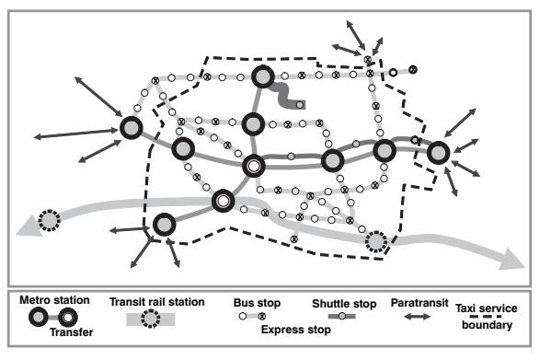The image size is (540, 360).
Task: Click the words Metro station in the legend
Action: click(54, 300)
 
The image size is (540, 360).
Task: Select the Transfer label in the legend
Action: click(71, 332)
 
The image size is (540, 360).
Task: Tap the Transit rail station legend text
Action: click(157, 302)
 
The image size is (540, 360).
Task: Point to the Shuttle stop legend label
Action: click(344, 304)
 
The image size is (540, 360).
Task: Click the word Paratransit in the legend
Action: click(419, 303)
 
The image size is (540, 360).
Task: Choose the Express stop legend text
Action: click(296, 330)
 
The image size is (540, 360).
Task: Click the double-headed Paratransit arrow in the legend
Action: click(417, 316)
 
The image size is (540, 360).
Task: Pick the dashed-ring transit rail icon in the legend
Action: click(151, 319)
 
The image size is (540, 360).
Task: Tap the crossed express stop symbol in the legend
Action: click(262, 316)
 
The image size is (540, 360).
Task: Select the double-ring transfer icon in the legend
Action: click(67, 318)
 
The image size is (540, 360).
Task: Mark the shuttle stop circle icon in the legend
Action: click(341, 316)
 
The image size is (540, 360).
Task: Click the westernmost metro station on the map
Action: click(132, 128)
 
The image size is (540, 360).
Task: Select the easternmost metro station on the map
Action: click(439, 153)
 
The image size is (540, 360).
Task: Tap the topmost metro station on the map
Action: click(263, 76)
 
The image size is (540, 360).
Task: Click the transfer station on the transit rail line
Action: click(224, 201)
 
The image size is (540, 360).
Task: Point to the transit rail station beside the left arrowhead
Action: click(50, 220)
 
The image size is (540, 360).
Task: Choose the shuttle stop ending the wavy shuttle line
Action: click(300, 104)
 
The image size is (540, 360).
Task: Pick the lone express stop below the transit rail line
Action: click(293, 238)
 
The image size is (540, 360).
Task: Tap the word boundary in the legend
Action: click(487, 325)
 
